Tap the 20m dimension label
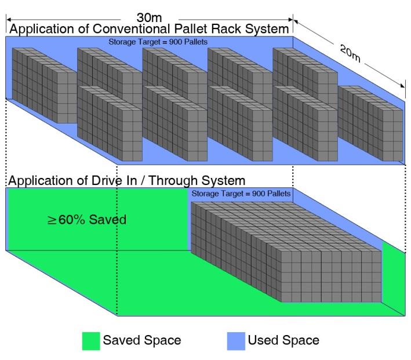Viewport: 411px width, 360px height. click(x=351, y=54)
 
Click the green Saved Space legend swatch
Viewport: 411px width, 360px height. click(x=91, y=340)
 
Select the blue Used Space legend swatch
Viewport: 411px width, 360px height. click(x=237, y=340)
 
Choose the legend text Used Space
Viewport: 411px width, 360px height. click(x=283, y=340)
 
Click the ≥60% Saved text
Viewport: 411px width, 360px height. click(x=86, y=220)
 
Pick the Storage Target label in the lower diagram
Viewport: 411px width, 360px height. click(x=241, y=193)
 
